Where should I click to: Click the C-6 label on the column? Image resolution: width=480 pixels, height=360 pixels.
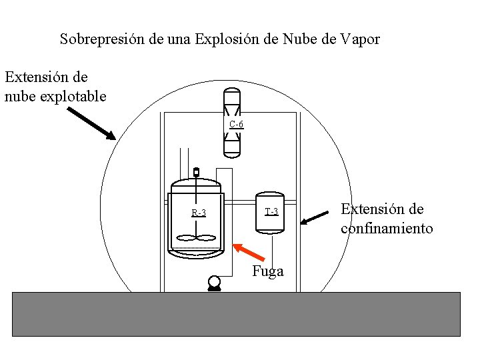point(236,125)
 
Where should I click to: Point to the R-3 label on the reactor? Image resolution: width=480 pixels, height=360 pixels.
point(199,213)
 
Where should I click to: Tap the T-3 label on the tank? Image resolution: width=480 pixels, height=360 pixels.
point(271,212)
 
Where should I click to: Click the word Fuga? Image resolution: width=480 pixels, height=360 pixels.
point(268,271)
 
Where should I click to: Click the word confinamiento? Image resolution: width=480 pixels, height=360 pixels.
point(387,229)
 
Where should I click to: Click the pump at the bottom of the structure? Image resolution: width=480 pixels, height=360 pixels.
point(215,283)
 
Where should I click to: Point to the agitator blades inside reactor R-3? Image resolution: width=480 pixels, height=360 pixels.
point(196,237)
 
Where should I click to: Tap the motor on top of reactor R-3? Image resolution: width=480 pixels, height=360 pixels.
point(196,173)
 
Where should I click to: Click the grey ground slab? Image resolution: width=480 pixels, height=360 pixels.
point(237,313)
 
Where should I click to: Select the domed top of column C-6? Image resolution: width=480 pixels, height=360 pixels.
point(231,93)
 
